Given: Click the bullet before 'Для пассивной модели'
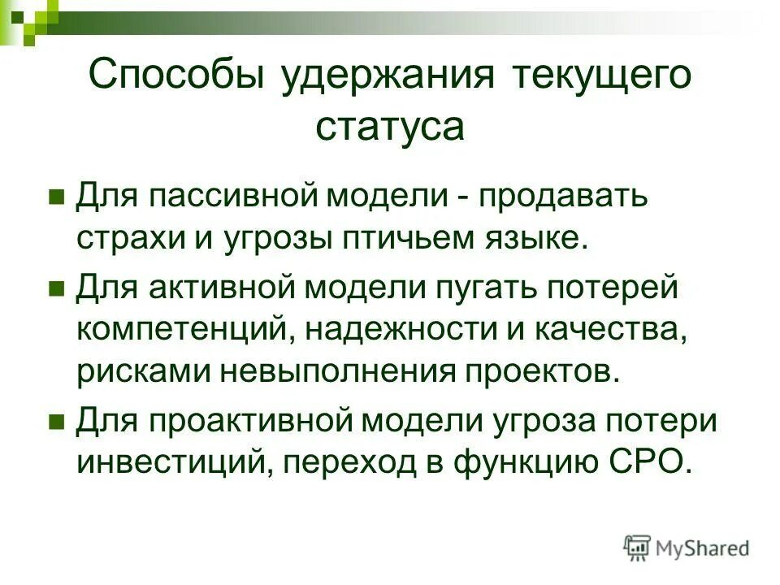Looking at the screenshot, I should [x=57, y=197].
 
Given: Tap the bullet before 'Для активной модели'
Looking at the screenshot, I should [x=57, y=288].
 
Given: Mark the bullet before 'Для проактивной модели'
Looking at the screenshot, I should [x=57, y=421].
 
